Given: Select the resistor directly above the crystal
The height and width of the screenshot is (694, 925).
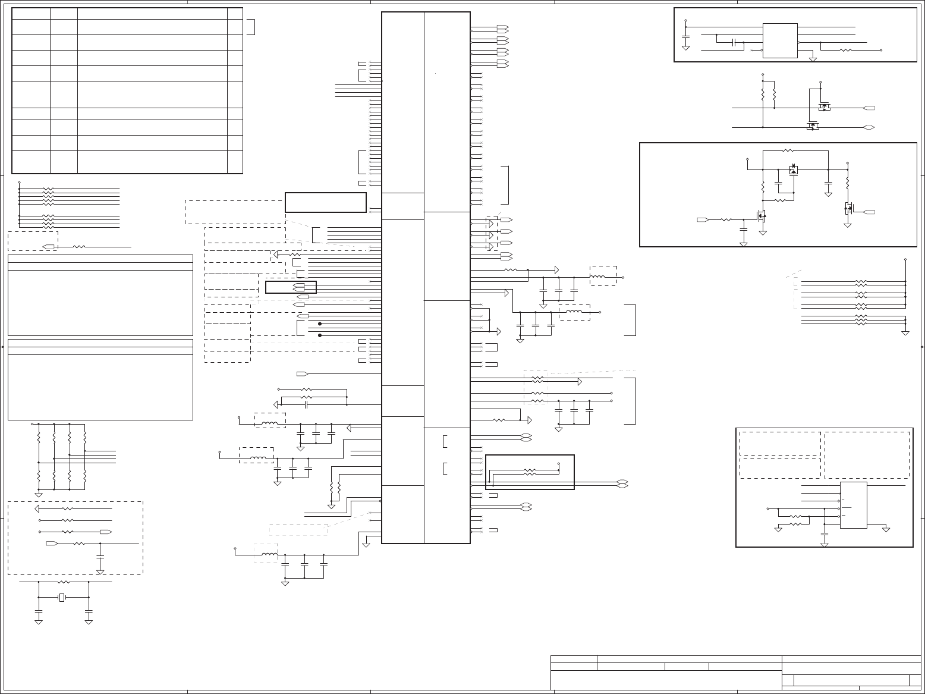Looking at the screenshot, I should click(x=64, y=583).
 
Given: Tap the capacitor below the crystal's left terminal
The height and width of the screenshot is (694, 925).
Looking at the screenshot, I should click(x=39, y=611).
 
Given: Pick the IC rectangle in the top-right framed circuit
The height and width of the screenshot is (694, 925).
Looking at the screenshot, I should click(x=780, y=40).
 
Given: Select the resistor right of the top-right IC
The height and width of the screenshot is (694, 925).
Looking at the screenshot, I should click(x=846, y=51).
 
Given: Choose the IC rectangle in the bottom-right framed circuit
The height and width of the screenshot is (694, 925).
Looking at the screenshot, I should click(x=853, y=505).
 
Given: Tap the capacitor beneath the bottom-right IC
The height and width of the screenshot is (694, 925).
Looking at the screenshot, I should click(x=824, y=535).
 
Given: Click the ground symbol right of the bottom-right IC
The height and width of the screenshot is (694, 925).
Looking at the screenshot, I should click(x=886, y=529).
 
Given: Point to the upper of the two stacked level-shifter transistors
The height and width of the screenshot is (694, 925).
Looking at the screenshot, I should click(x=823, y=107).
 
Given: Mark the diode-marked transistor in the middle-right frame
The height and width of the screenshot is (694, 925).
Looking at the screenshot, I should click(x=793, y=170).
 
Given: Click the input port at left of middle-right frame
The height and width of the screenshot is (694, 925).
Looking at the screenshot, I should click(x=702, y=220).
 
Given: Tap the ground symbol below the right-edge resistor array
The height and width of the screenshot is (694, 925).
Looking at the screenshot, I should click(x=905, y=332).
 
